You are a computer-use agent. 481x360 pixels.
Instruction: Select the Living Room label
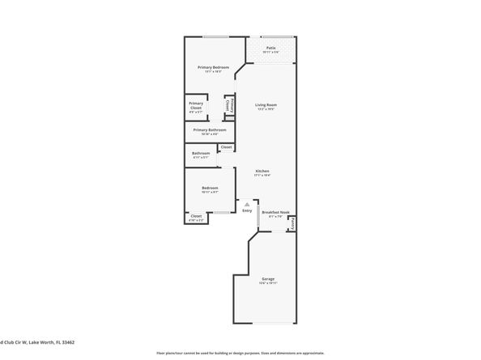266,105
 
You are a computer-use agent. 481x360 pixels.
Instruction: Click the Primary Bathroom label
209,129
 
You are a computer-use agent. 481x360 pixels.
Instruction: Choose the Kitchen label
262,171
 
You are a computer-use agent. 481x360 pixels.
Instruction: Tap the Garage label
268,278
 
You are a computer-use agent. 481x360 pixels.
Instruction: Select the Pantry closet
292,222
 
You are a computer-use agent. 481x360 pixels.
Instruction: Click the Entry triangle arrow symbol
247,205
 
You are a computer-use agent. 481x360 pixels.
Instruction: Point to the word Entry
247,210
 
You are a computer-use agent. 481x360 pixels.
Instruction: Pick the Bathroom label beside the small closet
201,153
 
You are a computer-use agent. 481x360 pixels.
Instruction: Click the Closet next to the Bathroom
226,146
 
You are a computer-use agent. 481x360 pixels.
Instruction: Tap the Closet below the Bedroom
196,216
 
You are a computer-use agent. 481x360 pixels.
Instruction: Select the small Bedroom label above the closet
211,188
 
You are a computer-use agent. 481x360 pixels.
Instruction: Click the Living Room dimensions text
266,109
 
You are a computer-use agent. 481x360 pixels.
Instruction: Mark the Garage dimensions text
268,282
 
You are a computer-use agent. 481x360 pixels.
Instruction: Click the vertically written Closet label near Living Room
229,106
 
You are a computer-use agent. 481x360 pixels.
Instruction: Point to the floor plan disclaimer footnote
240,353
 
